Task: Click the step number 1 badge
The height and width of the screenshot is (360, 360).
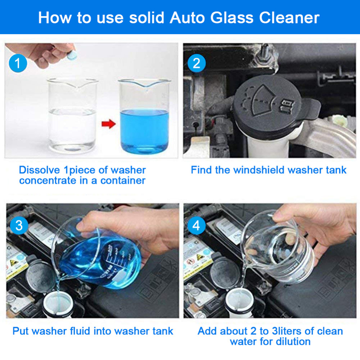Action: tap(18, 63)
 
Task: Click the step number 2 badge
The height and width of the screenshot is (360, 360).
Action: tap(196, 63)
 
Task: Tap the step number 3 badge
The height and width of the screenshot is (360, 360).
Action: tap(18, 225)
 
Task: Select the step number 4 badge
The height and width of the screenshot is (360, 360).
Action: tap(196, 225)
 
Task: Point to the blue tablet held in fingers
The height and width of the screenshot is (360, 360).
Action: tap(71, 54)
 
